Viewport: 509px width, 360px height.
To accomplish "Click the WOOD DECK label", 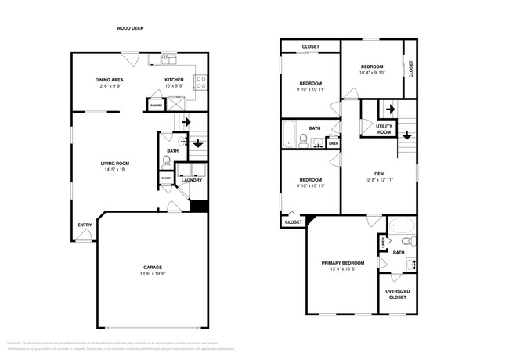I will coord(130,28).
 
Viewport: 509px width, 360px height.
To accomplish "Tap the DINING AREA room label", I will coord(110,80).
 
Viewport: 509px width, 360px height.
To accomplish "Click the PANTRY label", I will coord(156,104).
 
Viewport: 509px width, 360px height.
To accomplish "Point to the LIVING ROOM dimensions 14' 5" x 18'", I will coord(114,169).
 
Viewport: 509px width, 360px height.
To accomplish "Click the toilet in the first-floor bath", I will coord(166,162).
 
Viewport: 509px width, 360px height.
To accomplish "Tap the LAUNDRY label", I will coord(192,180).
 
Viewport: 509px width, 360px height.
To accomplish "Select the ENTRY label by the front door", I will coord(84,225).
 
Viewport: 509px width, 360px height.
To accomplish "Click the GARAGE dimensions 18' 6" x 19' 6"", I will coord(153,274).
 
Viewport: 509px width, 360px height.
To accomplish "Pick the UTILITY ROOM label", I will coord(384,129).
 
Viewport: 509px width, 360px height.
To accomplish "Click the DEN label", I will coord(377,173).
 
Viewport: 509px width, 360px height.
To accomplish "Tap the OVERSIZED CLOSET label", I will coord(398,295).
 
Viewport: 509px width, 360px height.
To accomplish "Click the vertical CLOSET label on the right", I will coord(411,69).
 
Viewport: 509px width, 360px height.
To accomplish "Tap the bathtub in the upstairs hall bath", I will coord(288,134).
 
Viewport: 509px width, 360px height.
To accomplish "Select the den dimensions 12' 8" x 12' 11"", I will coord(377,179).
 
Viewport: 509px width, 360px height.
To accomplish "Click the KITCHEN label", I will coord(174,80).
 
